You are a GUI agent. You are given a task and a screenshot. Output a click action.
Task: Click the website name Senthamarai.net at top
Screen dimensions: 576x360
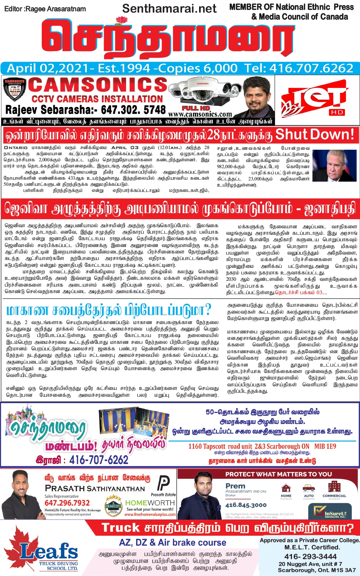tap(169, 8)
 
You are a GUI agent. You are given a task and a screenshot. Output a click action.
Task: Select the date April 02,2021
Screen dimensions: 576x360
tap(48, 68)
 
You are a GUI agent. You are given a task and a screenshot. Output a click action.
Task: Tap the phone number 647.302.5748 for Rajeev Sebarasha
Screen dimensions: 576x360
tap(133, 109)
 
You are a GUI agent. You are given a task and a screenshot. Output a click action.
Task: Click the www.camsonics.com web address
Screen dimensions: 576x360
tap(200, 114)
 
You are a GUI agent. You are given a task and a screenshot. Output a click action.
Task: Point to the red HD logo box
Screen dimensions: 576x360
tap(337, 112)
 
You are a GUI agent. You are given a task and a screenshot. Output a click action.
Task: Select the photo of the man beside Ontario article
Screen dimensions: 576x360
tap(334, 165)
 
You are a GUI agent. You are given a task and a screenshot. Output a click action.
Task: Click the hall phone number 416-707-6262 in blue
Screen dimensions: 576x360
tap(99, 460)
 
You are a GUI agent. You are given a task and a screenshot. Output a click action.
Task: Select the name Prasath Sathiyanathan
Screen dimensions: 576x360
tap(95, 489)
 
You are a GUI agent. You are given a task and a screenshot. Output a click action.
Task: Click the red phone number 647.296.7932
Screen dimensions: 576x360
tap(67, 503)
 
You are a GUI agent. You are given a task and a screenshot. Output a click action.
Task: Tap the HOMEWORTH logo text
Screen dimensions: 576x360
tap(150, 503)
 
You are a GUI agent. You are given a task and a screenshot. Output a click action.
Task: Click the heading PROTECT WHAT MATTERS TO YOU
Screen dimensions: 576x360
tap(279, 474)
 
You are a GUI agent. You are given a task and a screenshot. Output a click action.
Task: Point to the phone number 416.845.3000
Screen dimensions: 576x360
tap(246, 505)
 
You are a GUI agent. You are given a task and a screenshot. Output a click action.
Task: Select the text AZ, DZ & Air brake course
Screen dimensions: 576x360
tap(173, 543)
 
